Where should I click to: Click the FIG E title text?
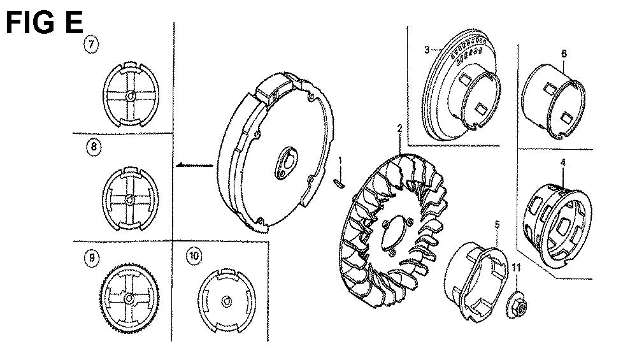point(45,22)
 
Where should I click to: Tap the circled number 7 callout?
point(91,44)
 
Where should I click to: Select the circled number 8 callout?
point(94,147)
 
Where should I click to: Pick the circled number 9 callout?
point(92,257)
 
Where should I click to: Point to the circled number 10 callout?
point(194,256)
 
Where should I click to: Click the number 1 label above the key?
point(340,161)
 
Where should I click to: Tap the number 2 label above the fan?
point(399,129)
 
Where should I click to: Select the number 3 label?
point(427,50)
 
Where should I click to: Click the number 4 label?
point(563,162)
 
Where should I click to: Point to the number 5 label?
point(497,225)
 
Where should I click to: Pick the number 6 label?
point(564,54)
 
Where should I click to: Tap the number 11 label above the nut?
point(516,268)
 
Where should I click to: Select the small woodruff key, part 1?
point(340,184)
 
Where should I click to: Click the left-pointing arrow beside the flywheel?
point(194,165)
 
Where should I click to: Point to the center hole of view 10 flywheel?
point(227,302)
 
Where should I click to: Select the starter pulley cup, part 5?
point(475,282)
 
